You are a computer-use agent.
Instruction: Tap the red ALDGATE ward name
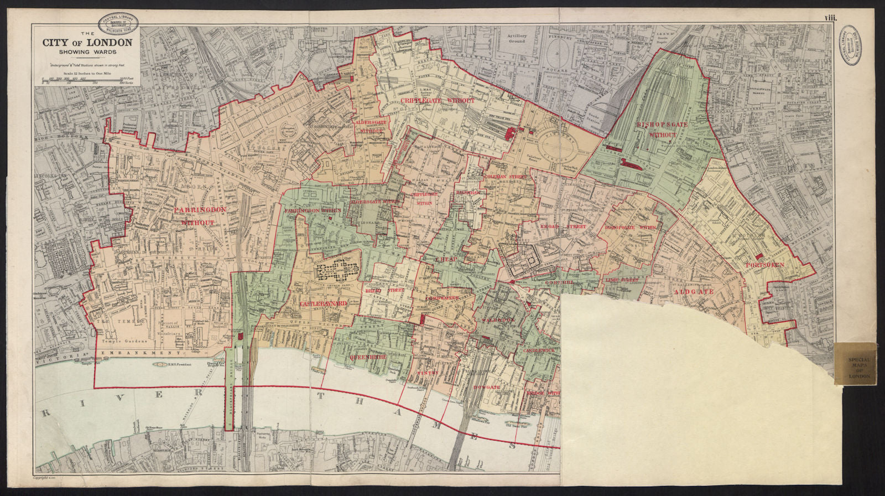(694, 291)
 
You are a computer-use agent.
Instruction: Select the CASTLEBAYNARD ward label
(323, 304)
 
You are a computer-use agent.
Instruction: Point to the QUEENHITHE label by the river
(367, 358)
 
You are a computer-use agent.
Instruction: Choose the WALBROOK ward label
(498, 320)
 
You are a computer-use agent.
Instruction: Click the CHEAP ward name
(444, 259)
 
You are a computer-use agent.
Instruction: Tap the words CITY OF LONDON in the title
(88, 43)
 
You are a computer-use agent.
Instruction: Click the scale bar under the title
(87, 80)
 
